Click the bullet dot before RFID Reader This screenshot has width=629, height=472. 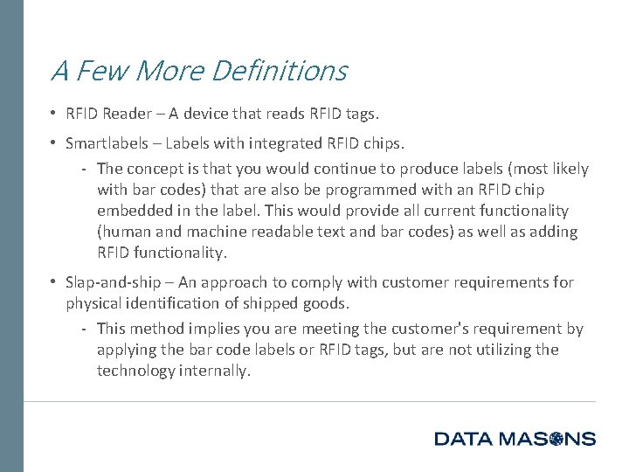53,114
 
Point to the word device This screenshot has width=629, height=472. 227,114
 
